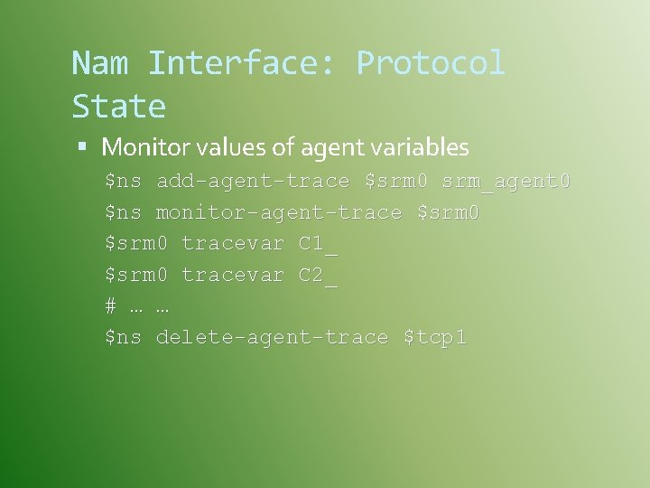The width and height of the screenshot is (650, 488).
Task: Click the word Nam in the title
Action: pyautogui.click(x=99, y=63)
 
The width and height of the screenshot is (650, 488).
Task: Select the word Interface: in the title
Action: pyautogui.click(x=241, y=63)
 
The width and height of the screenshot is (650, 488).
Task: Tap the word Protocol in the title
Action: pyautogui.click(x=431, y=63)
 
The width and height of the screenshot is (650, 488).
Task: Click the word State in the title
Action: pyautogui.click(x=118, y=107)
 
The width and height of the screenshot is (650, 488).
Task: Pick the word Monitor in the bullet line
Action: pyautogui.click(x=140, y=146)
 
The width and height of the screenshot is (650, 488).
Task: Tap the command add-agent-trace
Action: pyautogui.click(x=253, y=182)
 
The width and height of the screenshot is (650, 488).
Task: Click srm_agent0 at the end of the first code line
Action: pyautogui.click(x=506, y=182)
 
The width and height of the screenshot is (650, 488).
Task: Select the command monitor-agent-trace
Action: pyautogui.click(x=279, y=213)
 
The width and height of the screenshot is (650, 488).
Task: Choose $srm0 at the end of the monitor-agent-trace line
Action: pyautogui.click(x=448, y=213)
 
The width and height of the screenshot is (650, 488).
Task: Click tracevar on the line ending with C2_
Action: pyautogui.click(x=233, y=275)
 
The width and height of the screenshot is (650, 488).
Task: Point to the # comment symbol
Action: pyautogui.click(x=110, y=306)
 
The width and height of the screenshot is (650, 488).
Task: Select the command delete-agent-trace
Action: pyautogui.click(x=273, y=338)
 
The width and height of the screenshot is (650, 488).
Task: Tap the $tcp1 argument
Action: pyautogui.click(x=435, y=338)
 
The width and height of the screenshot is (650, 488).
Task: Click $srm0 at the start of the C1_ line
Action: pyautogui.click(x=136, y=244)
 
